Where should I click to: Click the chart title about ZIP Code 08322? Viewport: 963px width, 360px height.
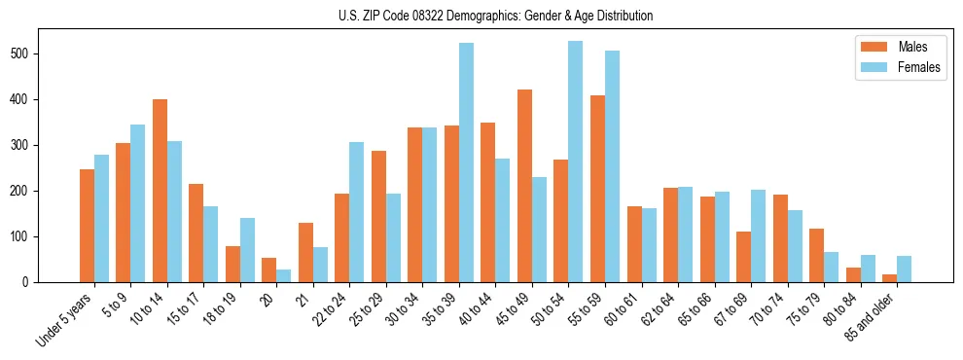[481, 16]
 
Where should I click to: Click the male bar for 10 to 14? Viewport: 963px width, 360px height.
[160, 191]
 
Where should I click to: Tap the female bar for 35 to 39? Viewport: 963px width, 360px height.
[466, 162]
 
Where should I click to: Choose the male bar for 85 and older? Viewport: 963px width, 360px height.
[889, 278]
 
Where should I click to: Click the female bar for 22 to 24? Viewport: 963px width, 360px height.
[357, 212]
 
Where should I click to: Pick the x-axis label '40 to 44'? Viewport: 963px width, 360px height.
[478, 310]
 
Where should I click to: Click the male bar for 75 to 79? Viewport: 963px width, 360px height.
[816, 256]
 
